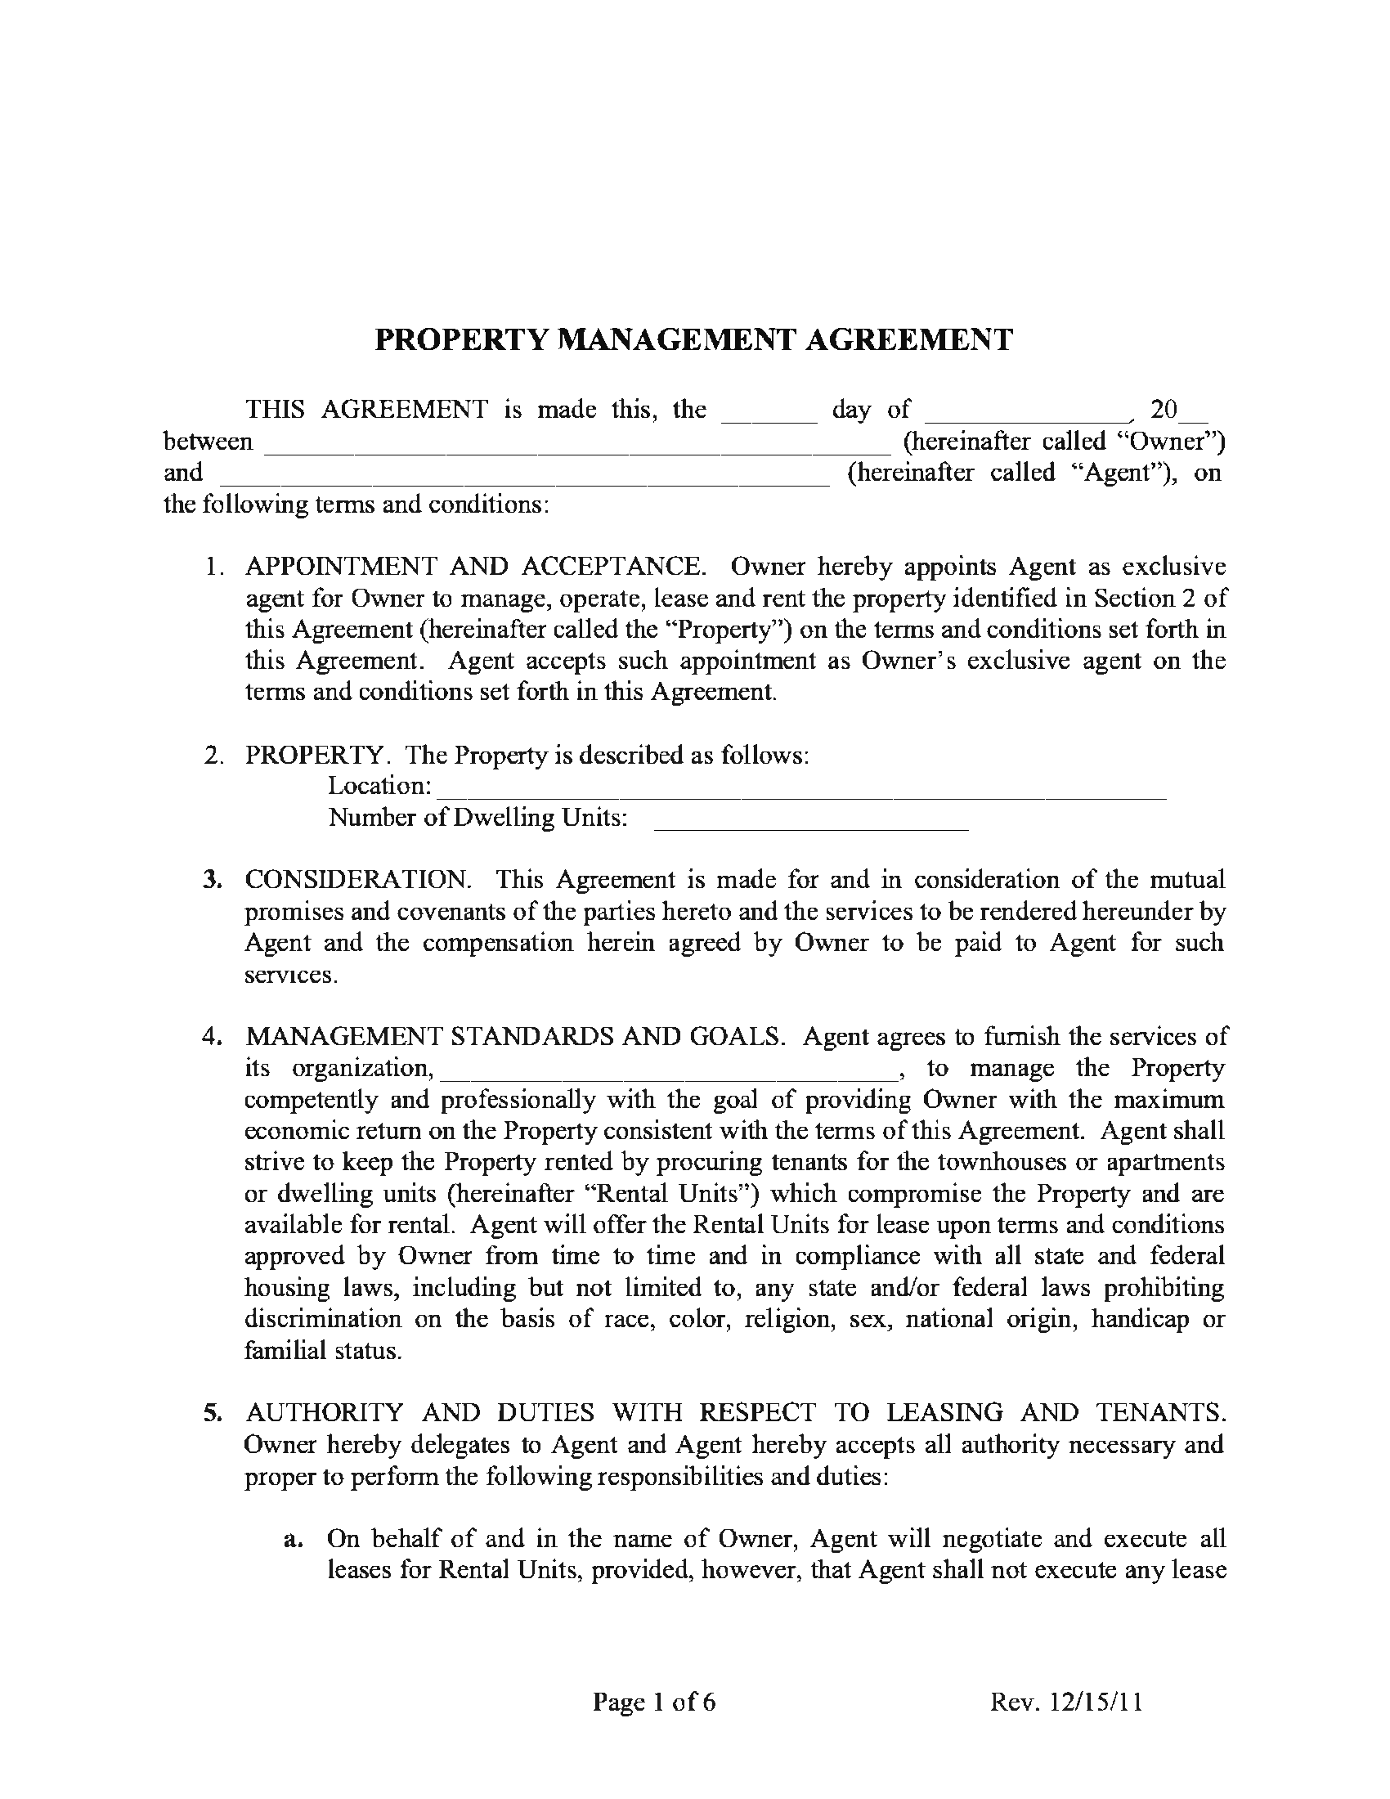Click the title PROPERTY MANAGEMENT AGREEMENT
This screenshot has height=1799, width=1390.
[x=693, y=339]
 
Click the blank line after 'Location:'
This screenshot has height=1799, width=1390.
[x=800, y=788]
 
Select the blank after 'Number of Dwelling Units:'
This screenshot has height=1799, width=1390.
[x=810, y=820]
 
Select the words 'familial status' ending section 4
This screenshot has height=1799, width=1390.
[x=323, y=1351]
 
